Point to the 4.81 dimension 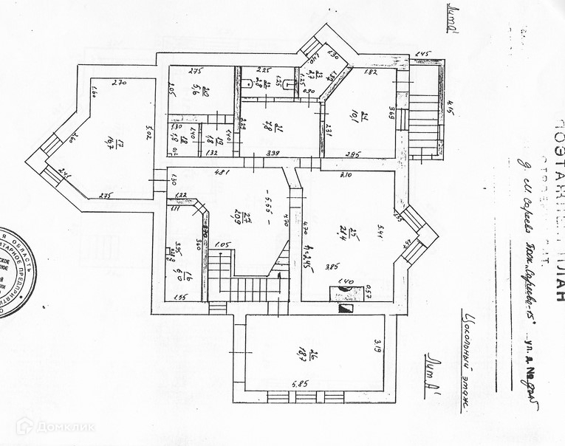pos(219,174)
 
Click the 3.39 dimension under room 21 pos(273,154)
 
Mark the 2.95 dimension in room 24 pos(353,154)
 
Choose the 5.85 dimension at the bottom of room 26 pos(298,384)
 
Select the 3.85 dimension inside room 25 pos(332,267)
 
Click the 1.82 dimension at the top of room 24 pos(371,72)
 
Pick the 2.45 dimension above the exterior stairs pos(422,54)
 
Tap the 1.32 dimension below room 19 pos(210,153)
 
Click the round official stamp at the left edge pos(13,272)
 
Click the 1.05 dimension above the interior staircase pos(223,246)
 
